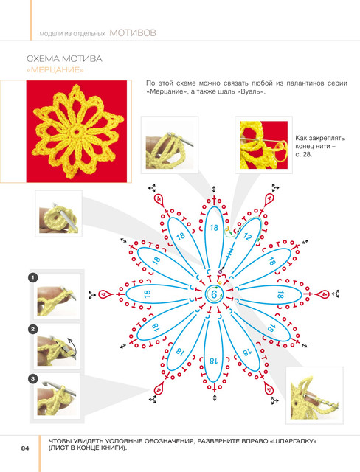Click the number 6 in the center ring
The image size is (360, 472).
pyautogui.click(x=214, y=294)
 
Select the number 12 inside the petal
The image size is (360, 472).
pyautogui.click(x=247, y=237)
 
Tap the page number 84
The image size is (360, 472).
pyautogui.click(x=25, y=448)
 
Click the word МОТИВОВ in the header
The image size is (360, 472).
pyautogui.click(x=133, y=32)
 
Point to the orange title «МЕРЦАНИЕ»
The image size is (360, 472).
pyautogui.click(x=55, y=70)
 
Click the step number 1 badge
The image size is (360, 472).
pyautogui.click(x=32, y=277)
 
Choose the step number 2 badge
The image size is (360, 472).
pyautogui.click(x=32, y=329)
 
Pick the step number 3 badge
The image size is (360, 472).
pyautogui.click(x=32, y=378)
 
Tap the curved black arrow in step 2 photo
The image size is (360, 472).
pyautogui.click(x=72, y=346)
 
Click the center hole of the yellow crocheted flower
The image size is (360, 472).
pyautogui.click(x=77, y=131)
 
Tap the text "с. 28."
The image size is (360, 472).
pyautogui.click(x=303, y=155)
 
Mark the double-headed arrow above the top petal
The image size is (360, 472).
pyautogui.click(x=214, y=190)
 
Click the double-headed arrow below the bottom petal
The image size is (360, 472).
pyautogui.click(x=215, y=398)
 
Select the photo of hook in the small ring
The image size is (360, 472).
pyautogui.click(x=59, y=213)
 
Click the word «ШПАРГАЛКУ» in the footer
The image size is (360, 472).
pyautogui.click(x=293, y=442)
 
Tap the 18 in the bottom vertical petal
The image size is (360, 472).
pyautogui.click(x=213, y=361)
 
